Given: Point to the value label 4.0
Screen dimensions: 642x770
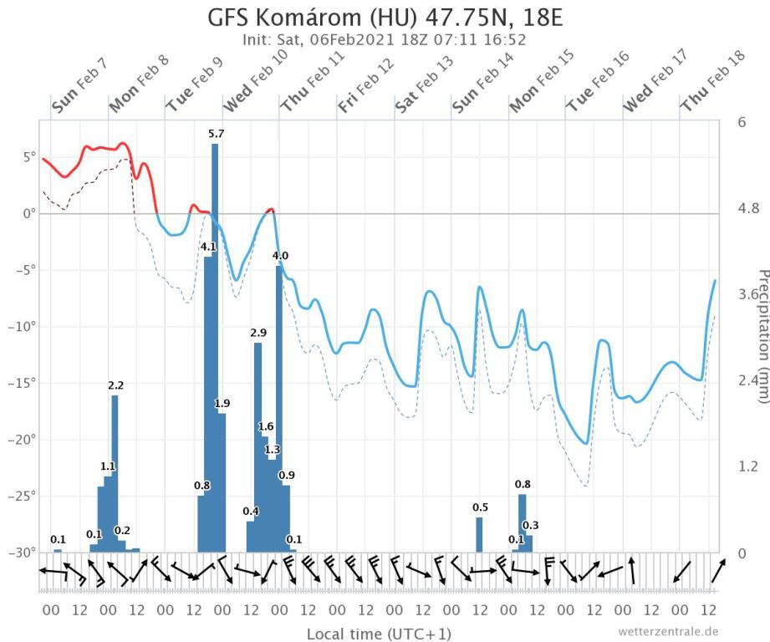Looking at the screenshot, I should pos(281,255).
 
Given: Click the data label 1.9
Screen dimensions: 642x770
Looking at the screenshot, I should pos(222,404).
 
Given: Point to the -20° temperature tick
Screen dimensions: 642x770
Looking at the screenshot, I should pos(23,440).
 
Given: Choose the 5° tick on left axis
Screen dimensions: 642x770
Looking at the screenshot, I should pos(28,157).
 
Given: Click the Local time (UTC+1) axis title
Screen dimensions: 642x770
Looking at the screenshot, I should pos(367,634).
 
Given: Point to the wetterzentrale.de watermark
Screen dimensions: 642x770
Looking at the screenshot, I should pos(669,631).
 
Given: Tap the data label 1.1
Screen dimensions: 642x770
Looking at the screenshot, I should pos(108,466).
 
